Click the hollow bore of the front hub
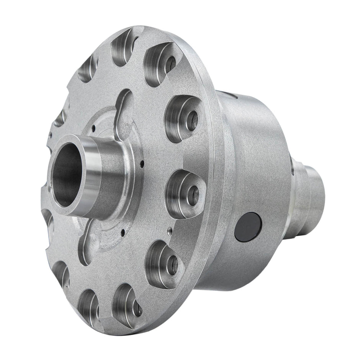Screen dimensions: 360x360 click(x=67, y=172)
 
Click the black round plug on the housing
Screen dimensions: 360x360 click(x=248, y=227)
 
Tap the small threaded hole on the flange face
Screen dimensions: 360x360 click(x=169, y=231)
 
